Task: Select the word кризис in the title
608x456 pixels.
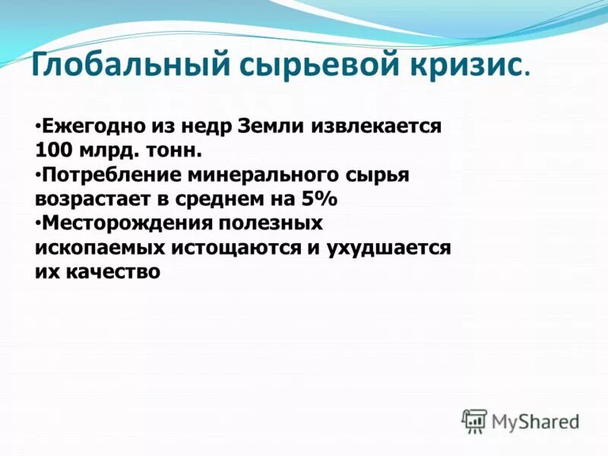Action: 465,65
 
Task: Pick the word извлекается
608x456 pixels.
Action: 376,125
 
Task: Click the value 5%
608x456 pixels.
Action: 320,199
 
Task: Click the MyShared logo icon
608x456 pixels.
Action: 474,420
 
